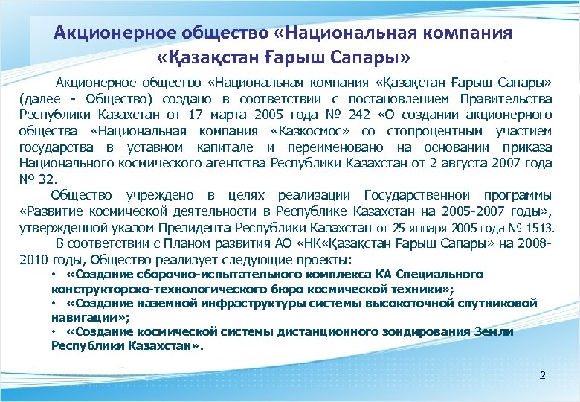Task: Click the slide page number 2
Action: coord(542,375)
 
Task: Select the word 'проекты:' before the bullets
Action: coord(323,261)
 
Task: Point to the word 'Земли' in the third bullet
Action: coord(493,332)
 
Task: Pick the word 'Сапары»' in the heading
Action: coord(369,57)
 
